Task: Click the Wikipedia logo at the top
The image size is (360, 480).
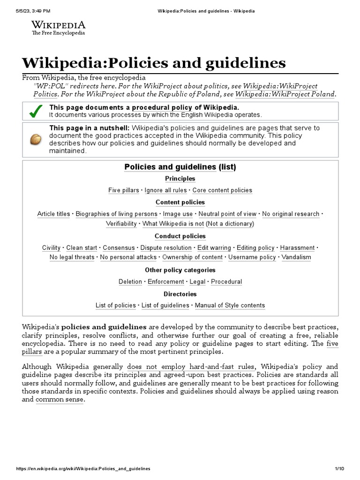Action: [58, 28]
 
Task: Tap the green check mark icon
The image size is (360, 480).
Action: [35, 111]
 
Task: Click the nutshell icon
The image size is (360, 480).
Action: [35, 139]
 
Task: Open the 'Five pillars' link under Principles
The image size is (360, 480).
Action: [124, 190]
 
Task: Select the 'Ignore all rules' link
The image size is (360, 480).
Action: [166, 190]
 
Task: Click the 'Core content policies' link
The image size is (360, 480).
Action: [222, 190]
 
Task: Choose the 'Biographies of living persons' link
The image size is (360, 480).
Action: [117, 214]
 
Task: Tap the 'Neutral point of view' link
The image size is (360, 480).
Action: [227, 214]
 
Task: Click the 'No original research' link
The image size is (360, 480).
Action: [291, 214]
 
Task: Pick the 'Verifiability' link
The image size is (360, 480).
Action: [121, 224]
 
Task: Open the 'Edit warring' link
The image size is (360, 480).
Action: [214, 247]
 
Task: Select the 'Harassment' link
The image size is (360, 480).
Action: [297, 247]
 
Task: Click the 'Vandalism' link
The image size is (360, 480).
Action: [296, 257]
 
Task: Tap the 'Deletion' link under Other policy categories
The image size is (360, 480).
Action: [130, 282]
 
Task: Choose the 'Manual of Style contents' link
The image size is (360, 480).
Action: [230, 305]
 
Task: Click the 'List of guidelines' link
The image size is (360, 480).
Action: [165, 305]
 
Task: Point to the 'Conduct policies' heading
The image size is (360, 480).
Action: [180, 236]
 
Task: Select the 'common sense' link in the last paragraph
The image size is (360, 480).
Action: [60, 399]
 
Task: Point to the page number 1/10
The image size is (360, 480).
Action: [339, 469]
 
